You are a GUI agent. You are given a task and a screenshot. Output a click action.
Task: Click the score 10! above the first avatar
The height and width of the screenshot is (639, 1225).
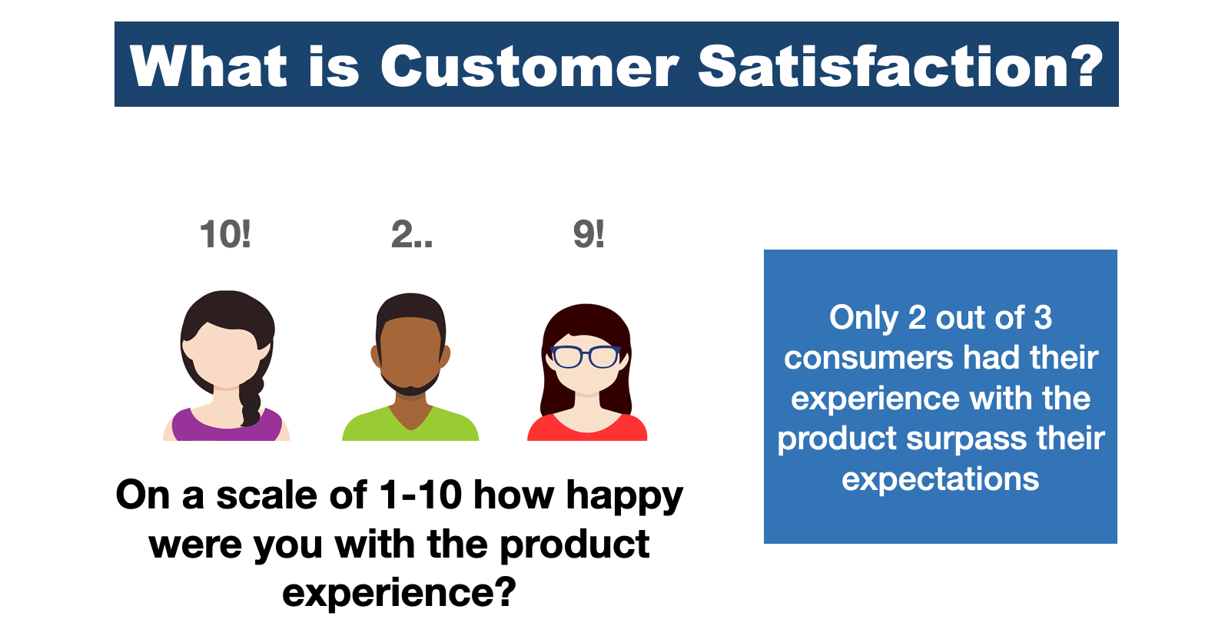224,234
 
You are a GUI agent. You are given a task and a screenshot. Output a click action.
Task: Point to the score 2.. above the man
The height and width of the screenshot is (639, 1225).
412,234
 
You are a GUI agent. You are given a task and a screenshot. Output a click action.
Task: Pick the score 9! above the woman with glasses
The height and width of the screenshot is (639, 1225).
589,234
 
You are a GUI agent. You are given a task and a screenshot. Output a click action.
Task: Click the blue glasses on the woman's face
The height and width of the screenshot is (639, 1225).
586,357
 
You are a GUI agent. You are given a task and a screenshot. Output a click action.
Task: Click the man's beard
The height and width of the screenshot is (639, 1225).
410,386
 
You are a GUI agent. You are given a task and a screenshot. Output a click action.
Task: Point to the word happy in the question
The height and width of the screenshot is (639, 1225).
624,497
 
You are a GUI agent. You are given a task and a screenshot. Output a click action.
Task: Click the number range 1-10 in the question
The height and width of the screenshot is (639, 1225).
420,495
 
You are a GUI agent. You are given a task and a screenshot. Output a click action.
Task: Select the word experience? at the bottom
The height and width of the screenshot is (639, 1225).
399,593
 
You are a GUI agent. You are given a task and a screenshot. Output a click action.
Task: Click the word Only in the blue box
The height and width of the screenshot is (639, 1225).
864,318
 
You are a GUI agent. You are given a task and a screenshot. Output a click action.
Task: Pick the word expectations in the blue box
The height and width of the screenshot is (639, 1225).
940,480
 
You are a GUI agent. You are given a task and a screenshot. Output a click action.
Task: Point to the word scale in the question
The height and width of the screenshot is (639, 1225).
267,495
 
